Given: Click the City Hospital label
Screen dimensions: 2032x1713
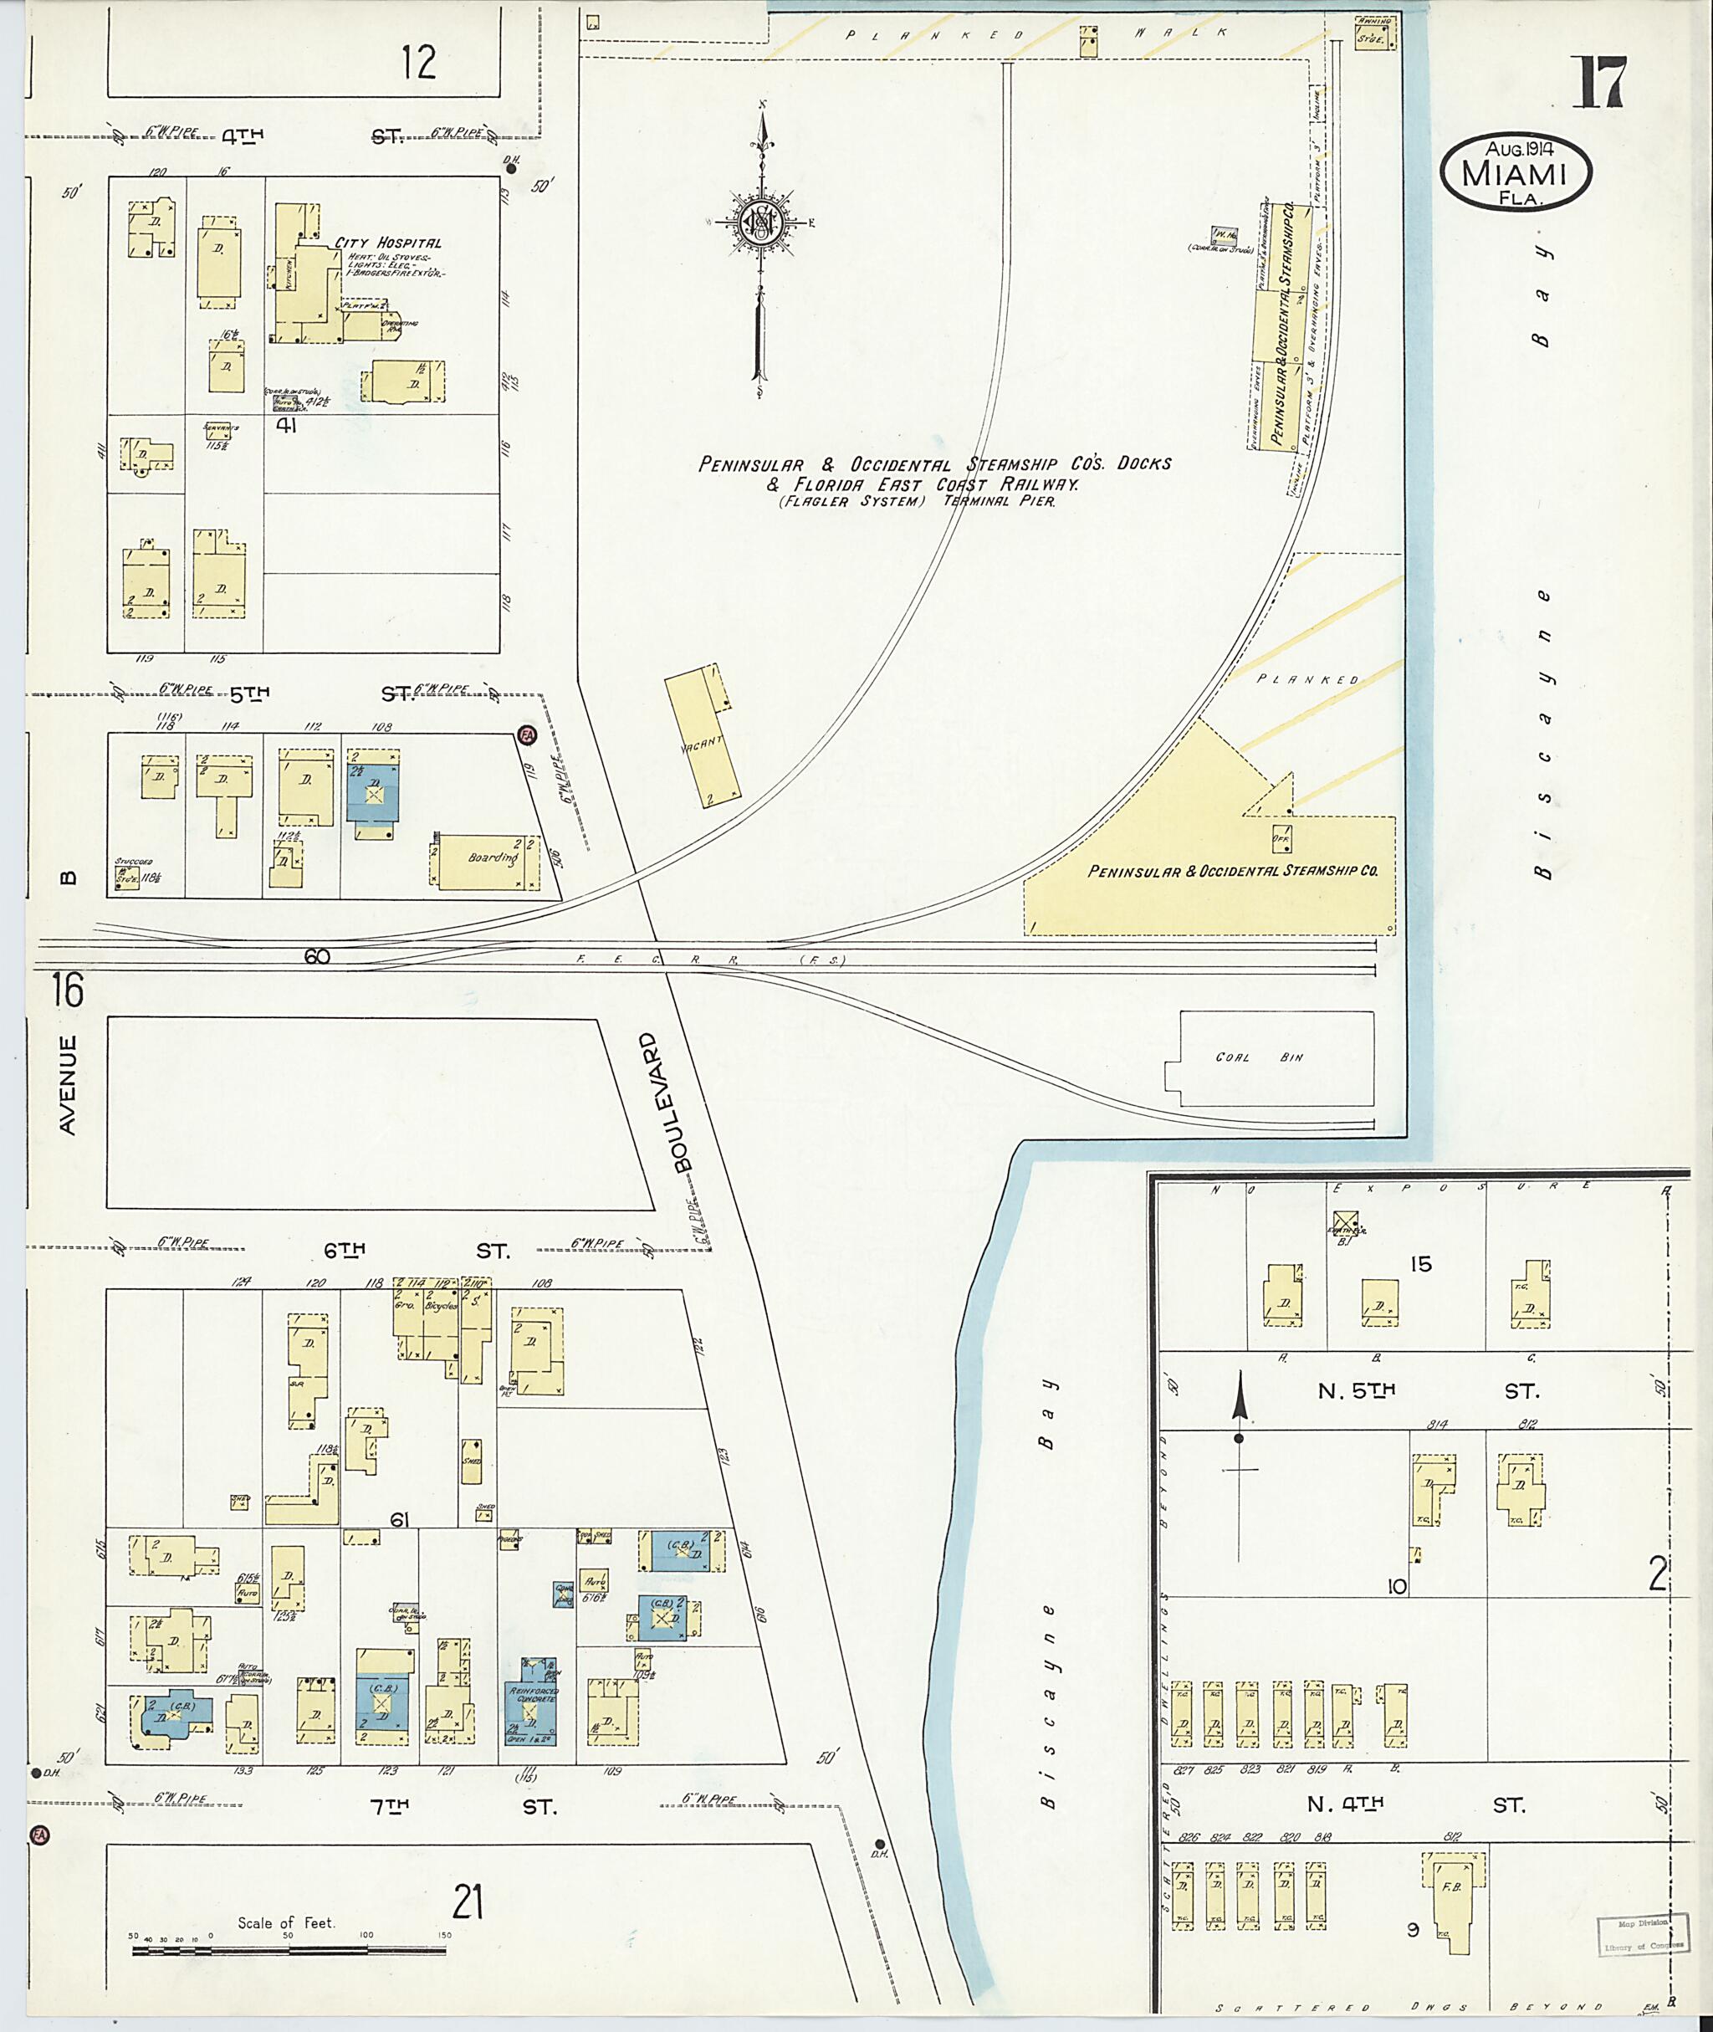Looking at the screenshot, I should point(387,243).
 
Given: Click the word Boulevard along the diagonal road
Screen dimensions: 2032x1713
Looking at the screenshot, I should point(683,1103).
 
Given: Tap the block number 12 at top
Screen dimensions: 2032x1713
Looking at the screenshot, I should point(418,62).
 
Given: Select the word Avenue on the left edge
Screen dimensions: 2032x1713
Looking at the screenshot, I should point(67,1084).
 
